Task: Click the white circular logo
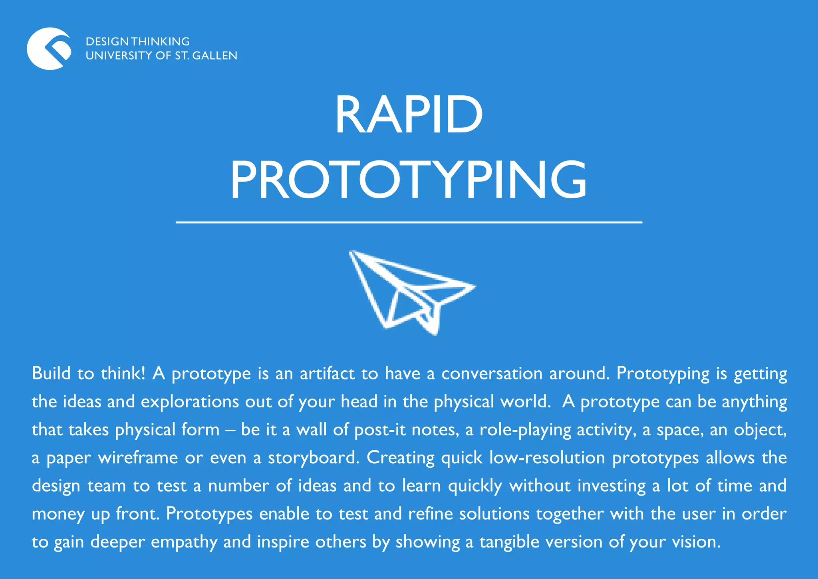pos(49,49)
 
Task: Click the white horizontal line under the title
pos(409,222)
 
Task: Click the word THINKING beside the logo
pos(161,41)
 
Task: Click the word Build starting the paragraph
pos(51,373)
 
